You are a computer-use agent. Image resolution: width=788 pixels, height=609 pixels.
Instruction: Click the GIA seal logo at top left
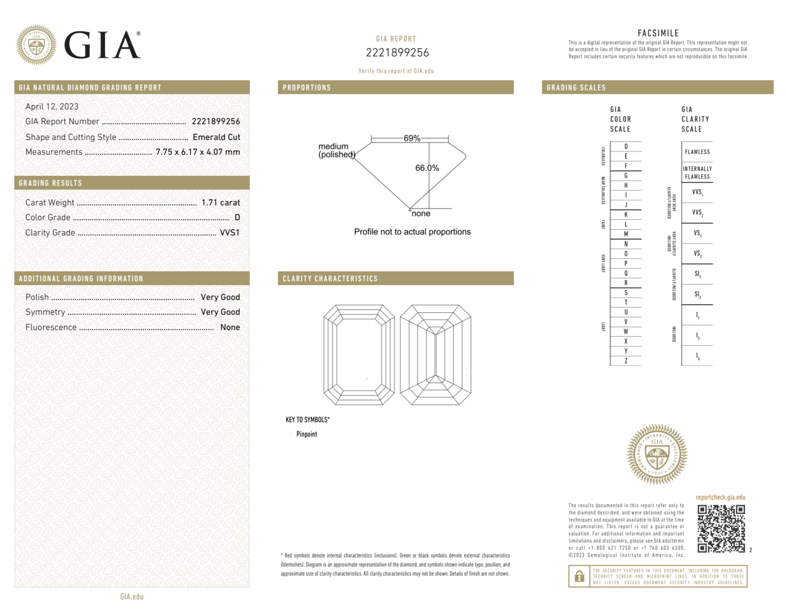point(36,45)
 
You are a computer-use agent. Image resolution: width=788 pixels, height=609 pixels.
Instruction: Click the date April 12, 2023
point(52,106)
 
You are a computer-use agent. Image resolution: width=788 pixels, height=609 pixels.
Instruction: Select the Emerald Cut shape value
point(216,137)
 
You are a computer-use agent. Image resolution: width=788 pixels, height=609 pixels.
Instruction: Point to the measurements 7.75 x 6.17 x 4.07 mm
point(198,152)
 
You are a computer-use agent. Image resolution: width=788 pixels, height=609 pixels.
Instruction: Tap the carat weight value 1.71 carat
point(221,202)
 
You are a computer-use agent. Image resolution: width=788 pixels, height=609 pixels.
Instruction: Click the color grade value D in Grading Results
point(237,217)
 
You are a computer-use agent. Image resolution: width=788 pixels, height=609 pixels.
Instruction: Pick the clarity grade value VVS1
point(230,233)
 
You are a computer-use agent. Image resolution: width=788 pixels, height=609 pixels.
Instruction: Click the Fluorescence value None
point(230,327)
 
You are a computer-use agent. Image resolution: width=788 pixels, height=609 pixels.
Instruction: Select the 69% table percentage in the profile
point(412,138)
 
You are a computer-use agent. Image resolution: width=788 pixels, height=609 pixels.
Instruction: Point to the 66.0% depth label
point(427,168)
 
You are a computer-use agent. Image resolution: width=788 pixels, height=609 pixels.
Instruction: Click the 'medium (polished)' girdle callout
point(336,150)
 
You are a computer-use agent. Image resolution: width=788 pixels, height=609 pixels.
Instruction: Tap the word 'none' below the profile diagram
point(421,214)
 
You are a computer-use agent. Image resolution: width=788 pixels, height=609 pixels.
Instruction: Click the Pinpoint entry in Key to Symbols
point(306,434)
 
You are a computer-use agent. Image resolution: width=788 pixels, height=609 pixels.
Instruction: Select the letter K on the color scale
point(626,215)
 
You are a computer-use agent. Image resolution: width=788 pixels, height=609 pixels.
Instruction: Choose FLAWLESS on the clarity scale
point(697,152)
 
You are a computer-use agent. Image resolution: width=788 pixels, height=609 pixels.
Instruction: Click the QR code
point(721,529)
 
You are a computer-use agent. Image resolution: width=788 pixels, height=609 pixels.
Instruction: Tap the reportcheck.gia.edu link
point(720,497)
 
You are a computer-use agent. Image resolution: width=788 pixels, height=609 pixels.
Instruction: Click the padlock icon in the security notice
point(579,576)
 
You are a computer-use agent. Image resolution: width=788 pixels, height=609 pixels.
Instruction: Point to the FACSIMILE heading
point(658,33)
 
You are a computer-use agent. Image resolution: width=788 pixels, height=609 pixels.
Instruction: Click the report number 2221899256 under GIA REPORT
point(397,53)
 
